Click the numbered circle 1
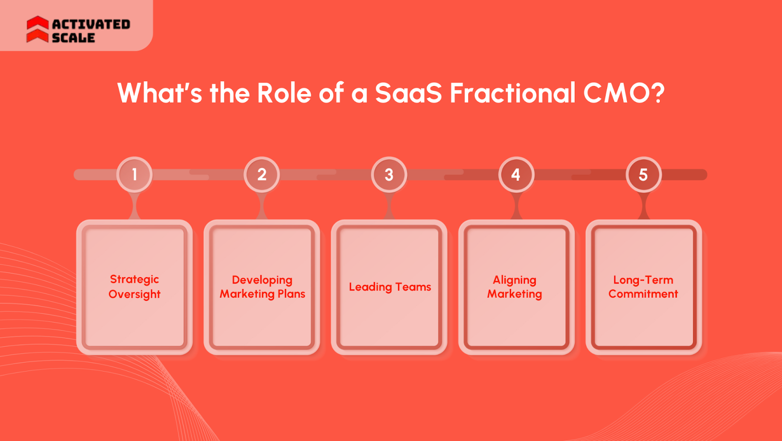click(x=134, y=175)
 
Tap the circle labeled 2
click(x=262, y=175)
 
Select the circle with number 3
click(x=389, y=175)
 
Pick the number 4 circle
click(x=516, y=175)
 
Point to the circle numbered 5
click(x=644, y=175)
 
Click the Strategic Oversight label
click(x=134, y=287)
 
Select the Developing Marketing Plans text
click(x=262, y=287)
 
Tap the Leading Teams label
click(x=390, y=287)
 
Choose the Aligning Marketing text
click(x=515, y=287)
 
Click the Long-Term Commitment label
click(x=643, y=287)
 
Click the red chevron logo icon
click(x=37, y=29)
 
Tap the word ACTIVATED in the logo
click(x=91, y=24)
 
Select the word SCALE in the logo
click(x=73, y=38)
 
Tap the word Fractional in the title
click(x=512, y=93)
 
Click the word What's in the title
click(x=159, y=93)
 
